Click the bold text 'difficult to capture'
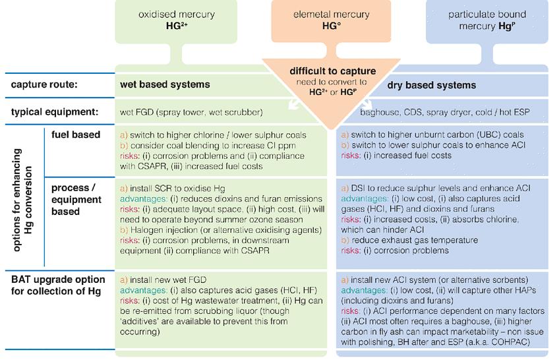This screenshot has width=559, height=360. pyautogui.click(x=333, y=71)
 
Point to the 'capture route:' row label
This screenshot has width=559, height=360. pyautogui.click(x=45, y=84)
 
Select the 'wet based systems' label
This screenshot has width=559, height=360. pyautogui.click(x=165, y=84)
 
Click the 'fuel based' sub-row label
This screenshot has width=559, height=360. pyautogui.click(x=76, y=135)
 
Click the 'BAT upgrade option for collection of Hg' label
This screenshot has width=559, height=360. pyautogui.click(x=56, y=285)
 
